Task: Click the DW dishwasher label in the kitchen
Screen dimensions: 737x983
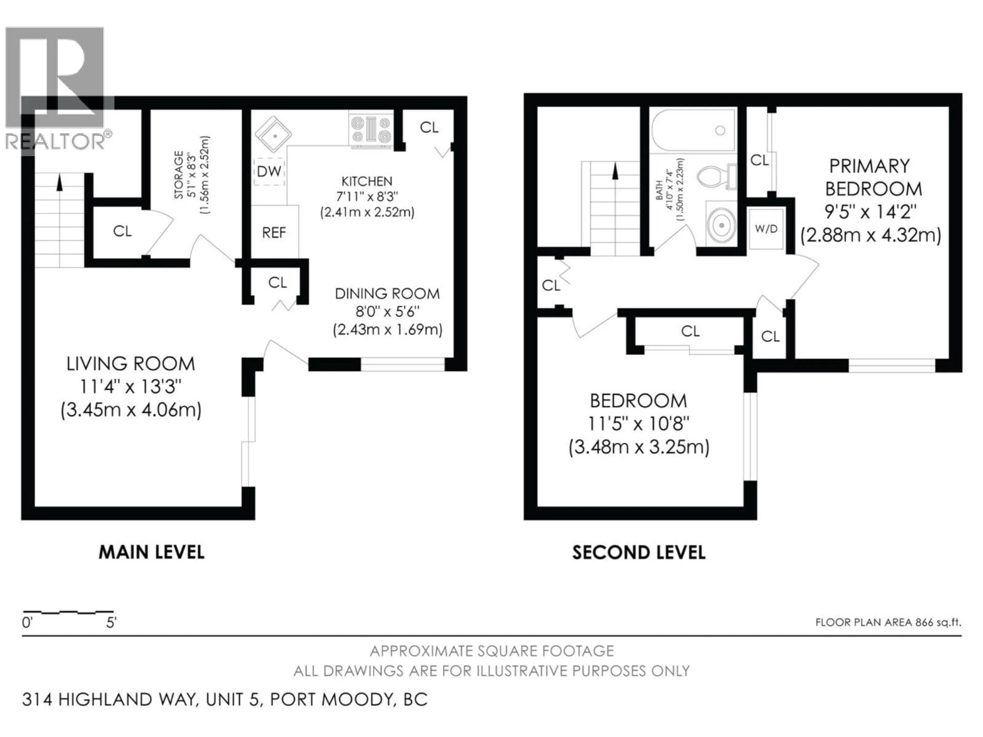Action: point(269,171)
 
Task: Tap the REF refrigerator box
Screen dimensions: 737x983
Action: point(274,232)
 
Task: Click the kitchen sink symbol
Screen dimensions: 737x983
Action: point(273,134)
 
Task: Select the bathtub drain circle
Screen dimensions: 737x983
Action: point(720,130)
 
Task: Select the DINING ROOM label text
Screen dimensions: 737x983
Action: point(387,294)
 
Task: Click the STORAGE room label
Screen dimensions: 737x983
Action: point(179,175)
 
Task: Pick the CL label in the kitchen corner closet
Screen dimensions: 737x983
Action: point(429,127)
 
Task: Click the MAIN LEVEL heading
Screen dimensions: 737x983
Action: point(152,552)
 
